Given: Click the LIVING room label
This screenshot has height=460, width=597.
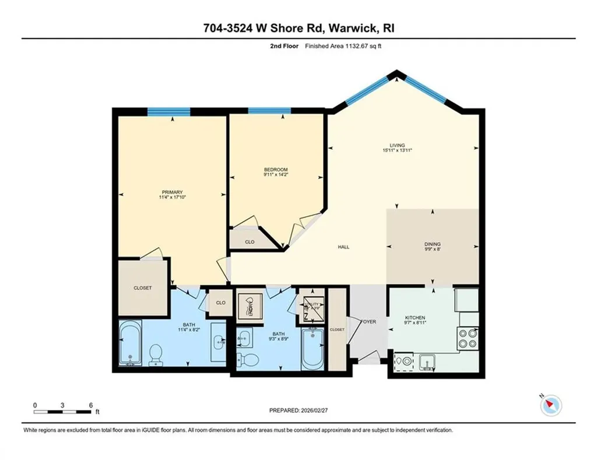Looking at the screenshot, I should click(397, 145).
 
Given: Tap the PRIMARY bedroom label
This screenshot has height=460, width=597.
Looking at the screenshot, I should click(173, 192).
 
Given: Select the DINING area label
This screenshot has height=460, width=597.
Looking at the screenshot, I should click(432, 244).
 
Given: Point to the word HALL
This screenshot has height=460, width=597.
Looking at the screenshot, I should click(344, 247).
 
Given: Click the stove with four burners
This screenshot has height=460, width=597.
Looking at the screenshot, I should click(468, 338).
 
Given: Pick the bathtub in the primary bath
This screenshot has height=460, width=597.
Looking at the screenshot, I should click(129, 344).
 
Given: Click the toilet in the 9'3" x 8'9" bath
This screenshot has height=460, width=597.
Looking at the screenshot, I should click(250, 357).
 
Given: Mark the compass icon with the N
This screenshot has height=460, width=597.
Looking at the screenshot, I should click(550, 405).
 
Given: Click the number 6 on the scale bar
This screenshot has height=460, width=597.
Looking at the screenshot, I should click(91, 405).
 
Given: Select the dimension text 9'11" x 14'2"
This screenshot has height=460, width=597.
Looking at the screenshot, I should click(276, 175).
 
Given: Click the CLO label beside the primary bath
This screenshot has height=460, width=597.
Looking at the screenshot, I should click(220, 303).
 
